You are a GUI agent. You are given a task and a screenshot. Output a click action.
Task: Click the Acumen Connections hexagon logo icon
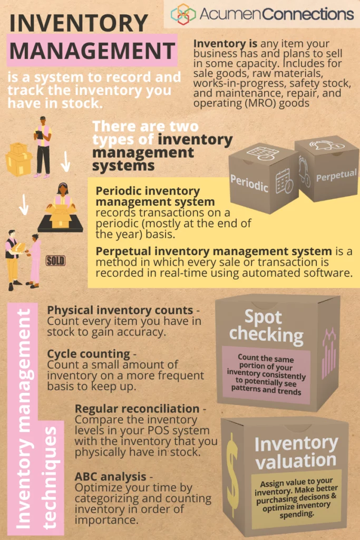pyautogui.click(x=183, y=14)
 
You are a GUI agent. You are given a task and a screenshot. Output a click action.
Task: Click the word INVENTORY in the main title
pyautogui.click(x=79, y=23)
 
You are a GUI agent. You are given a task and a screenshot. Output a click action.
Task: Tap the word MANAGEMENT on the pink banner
pyautogui.click(x=92, y=51)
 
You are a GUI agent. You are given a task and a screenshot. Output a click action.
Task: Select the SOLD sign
pyautogui.click(x=55, y=261)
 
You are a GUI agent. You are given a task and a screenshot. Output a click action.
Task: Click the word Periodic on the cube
pyautogui.click(x=249, y=183)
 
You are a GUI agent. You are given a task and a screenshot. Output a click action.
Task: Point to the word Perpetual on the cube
pyautogui.click(x=336, y=176)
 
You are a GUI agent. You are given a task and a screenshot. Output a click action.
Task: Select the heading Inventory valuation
pyautogui.click(x=296, y=452)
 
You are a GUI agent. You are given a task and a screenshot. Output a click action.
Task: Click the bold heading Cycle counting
pyautogui.click(x=89, y=354)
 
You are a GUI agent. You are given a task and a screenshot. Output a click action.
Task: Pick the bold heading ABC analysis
pyautogui.click(x=111, y=477)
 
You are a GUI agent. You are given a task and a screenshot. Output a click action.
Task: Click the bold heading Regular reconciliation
pyautogui.click(x=137, y=409)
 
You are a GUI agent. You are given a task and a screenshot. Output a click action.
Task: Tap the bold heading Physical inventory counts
pyautogui.click(x=120, y=310)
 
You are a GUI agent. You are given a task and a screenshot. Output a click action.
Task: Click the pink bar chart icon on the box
pyautogui.click(x=329, y=352)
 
